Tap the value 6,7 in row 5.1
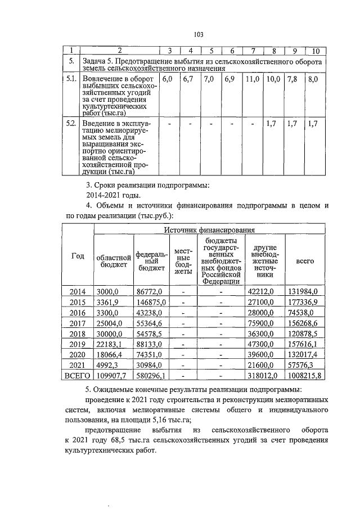[x=188, y=80]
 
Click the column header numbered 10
[x=315, y=52]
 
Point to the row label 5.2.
[x=70, y=123]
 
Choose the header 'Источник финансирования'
[x=209, y=229]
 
